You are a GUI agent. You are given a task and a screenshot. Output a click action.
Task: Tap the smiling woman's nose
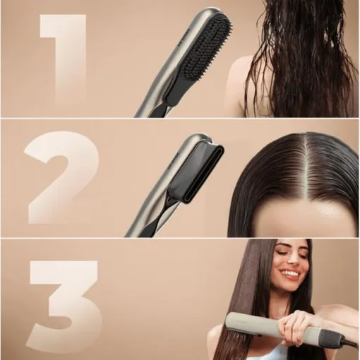292,263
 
